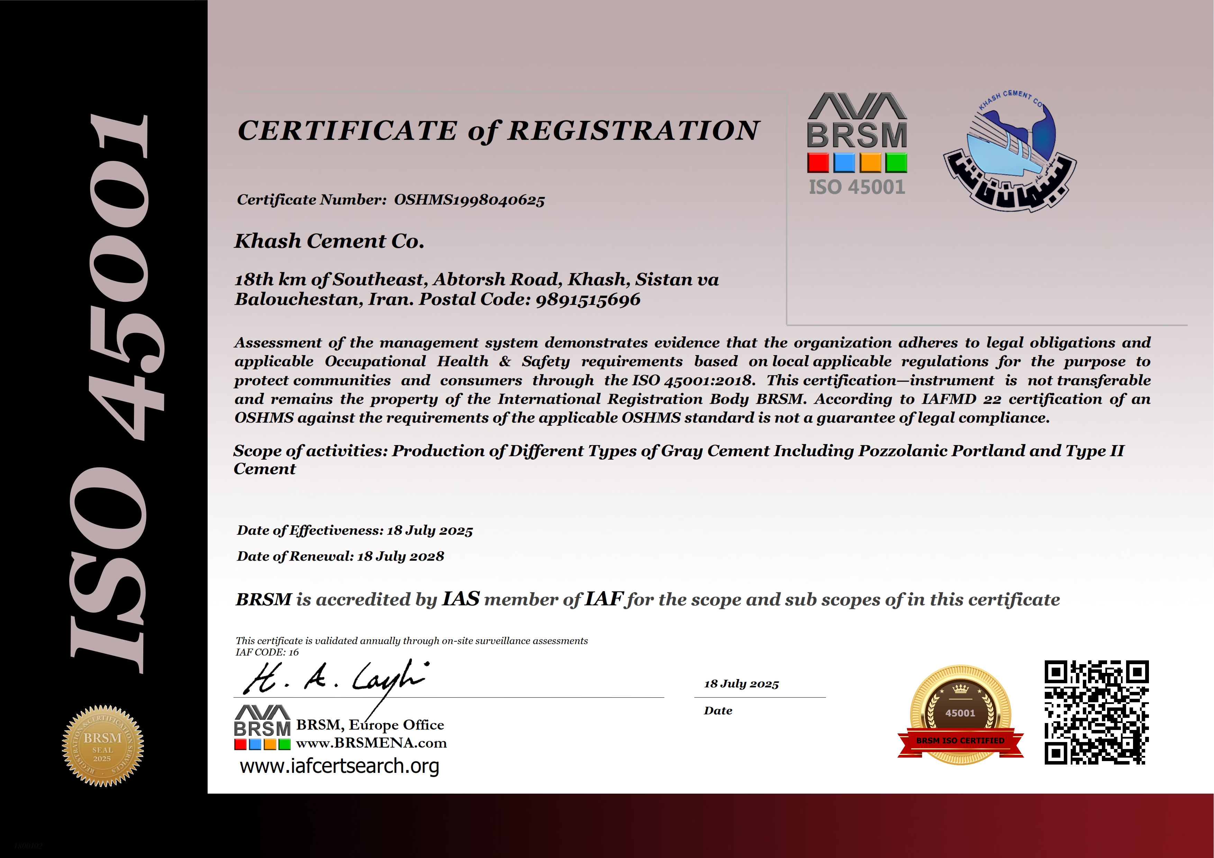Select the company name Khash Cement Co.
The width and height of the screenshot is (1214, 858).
click(329, 241)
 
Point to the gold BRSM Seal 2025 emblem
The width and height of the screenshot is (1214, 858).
click(102, 746)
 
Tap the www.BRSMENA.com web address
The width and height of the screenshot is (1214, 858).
click(371, 743)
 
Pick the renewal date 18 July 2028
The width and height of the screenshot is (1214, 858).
click(400, 557)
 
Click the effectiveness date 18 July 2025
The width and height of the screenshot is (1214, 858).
click(429, 531)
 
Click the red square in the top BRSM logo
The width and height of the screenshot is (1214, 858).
click(818, 163)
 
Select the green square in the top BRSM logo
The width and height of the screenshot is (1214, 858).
click(896, 163)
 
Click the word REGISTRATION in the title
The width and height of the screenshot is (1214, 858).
click(633, 130)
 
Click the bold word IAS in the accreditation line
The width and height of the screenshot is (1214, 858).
click(461, 599)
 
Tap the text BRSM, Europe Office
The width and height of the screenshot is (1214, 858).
click(370, 725)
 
